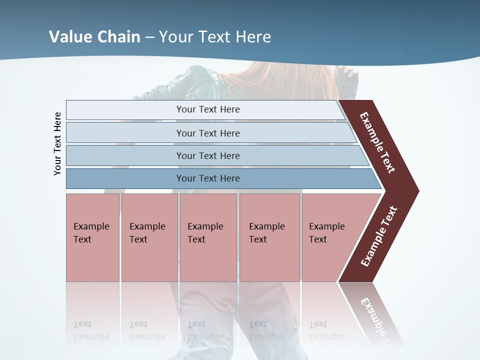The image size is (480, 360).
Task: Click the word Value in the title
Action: pos(69,37)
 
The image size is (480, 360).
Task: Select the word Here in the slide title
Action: pos(253,37)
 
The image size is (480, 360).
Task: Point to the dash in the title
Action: pos(149,37)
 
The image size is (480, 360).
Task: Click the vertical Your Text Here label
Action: pos(57,143)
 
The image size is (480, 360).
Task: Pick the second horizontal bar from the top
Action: pos(207,133)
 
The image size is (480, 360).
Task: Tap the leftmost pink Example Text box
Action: pos(92,237)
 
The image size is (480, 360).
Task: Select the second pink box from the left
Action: pos(149,237)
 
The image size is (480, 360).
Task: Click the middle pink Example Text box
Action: pos(208,237)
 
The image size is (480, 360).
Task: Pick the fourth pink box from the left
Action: pos(269,237)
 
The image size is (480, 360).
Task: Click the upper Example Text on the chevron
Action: pos(378,143)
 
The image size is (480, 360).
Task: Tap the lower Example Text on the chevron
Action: pos(379,236)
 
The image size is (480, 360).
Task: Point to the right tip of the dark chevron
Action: pos(417,191)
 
